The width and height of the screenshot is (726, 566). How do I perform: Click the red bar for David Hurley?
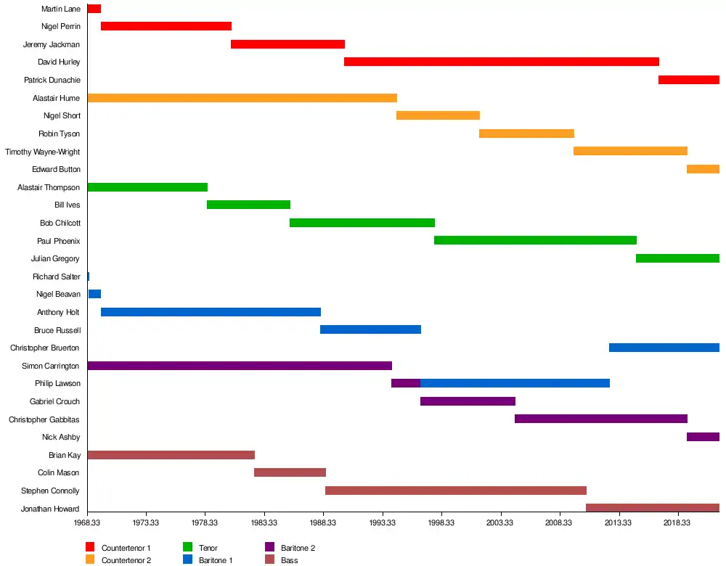[x=501, y=62]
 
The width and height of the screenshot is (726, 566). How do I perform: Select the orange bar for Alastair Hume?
[x=242, y=98]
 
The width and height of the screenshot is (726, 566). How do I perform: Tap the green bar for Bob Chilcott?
[x=362, y=223]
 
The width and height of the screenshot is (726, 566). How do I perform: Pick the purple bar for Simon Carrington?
[x=240, y=366]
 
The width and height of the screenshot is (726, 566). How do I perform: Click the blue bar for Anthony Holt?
[x=211, y=312]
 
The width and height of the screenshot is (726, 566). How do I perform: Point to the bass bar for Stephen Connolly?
[x=455, y=491]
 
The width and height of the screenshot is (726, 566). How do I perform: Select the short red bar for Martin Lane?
[x=94, y=9]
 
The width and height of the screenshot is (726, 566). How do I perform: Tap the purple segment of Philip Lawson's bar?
[x=405, y=383]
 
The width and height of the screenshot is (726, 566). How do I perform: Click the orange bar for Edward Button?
[x=703, y=169]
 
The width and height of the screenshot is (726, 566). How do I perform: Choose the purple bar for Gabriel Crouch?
[x=468, y=401]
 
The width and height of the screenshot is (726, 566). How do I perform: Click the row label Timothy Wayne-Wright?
[x=42, y=152]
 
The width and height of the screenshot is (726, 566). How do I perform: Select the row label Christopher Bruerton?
[x=44, y=348]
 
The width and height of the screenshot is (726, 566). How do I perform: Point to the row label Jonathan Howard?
[x=50, y=509]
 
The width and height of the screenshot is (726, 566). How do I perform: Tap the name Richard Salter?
[x=56, y=276]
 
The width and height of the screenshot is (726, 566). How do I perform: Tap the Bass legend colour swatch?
[x=269, y=559]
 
